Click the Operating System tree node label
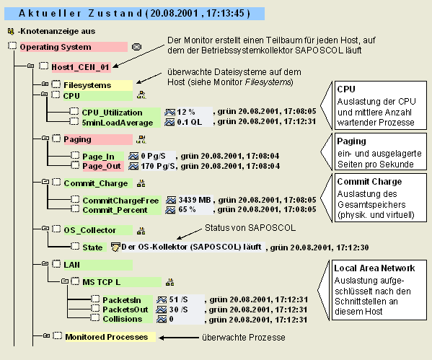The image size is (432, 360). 56,47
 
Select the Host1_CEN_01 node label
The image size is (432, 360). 81,67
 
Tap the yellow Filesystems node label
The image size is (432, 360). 87,85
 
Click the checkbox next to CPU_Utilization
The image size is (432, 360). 74,111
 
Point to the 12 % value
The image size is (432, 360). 186,112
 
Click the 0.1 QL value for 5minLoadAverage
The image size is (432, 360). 189,122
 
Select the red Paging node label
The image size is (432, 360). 77,139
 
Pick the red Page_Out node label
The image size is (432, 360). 102,166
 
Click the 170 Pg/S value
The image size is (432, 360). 158,166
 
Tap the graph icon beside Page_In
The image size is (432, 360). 133,157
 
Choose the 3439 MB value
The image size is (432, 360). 195,200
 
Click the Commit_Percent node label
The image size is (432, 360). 115,210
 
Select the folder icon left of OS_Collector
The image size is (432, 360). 45,228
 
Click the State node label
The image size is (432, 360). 92,247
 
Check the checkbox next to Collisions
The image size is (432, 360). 95,317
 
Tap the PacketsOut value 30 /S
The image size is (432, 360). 179,309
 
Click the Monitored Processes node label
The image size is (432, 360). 106,337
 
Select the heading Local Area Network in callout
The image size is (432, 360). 374,268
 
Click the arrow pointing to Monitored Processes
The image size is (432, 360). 179,338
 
